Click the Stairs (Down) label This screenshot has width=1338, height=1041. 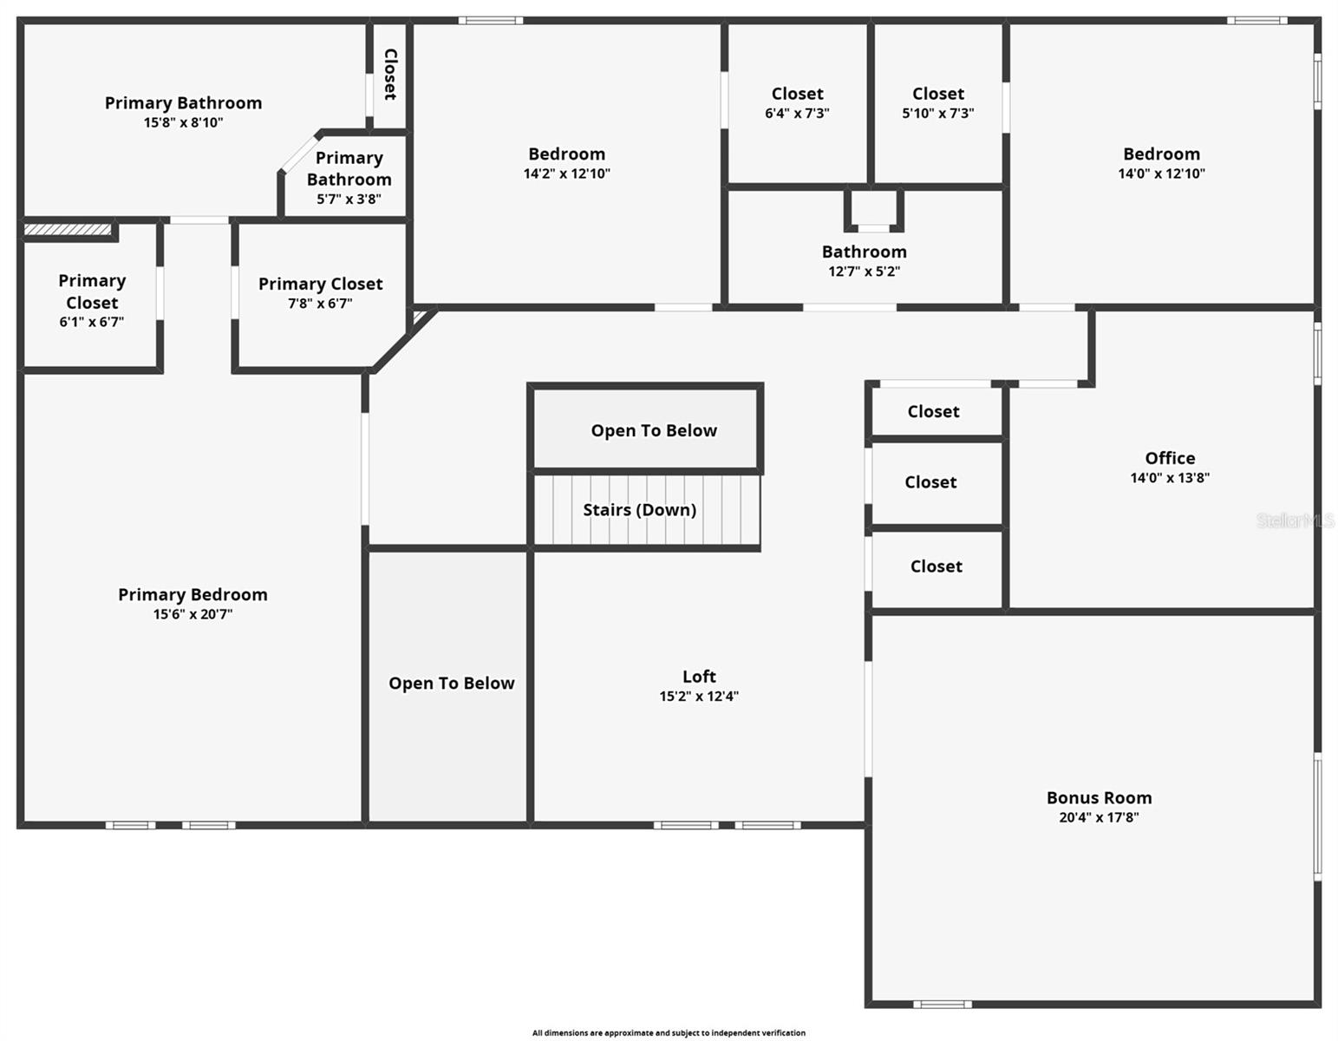click(639, 510)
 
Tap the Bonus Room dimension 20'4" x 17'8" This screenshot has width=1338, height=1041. click(1098, 817)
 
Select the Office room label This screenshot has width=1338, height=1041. click(1169, 458)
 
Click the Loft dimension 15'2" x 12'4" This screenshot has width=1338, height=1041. click(698, 696)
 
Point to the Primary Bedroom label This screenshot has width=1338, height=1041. click(193, 595)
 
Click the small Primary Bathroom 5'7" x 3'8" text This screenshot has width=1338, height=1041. click(349, 199)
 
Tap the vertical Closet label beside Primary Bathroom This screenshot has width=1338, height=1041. click(390, 74)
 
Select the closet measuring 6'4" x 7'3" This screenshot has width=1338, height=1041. click(797, 102)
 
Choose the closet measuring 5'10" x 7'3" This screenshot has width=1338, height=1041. click(937, 102)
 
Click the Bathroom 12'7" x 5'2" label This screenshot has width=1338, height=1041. click(864, 260)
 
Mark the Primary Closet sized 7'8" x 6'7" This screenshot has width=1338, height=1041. click(320, 292)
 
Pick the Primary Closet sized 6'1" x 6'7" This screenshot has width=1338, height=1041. click(92, 300)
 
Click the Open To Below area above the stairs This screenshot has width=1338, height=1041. click(654, 431)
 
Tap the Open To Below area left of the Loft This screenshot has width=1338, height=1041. click(451, 684)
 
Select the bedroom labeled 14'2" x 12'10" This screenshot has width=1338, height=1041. click(566, 162)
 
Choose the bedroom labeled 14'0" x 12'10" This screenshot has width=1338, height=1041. click(1161, 162)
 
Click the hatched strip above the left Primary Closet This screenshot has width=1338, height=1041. click(68, 230)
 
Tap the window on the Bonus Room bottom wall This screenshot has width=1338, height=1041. click(942, 1005)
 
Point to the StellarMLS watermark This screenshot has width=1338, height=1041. click(1296, 520)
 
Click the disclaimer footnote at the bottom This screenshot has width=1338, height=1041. click(669, 1033)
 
